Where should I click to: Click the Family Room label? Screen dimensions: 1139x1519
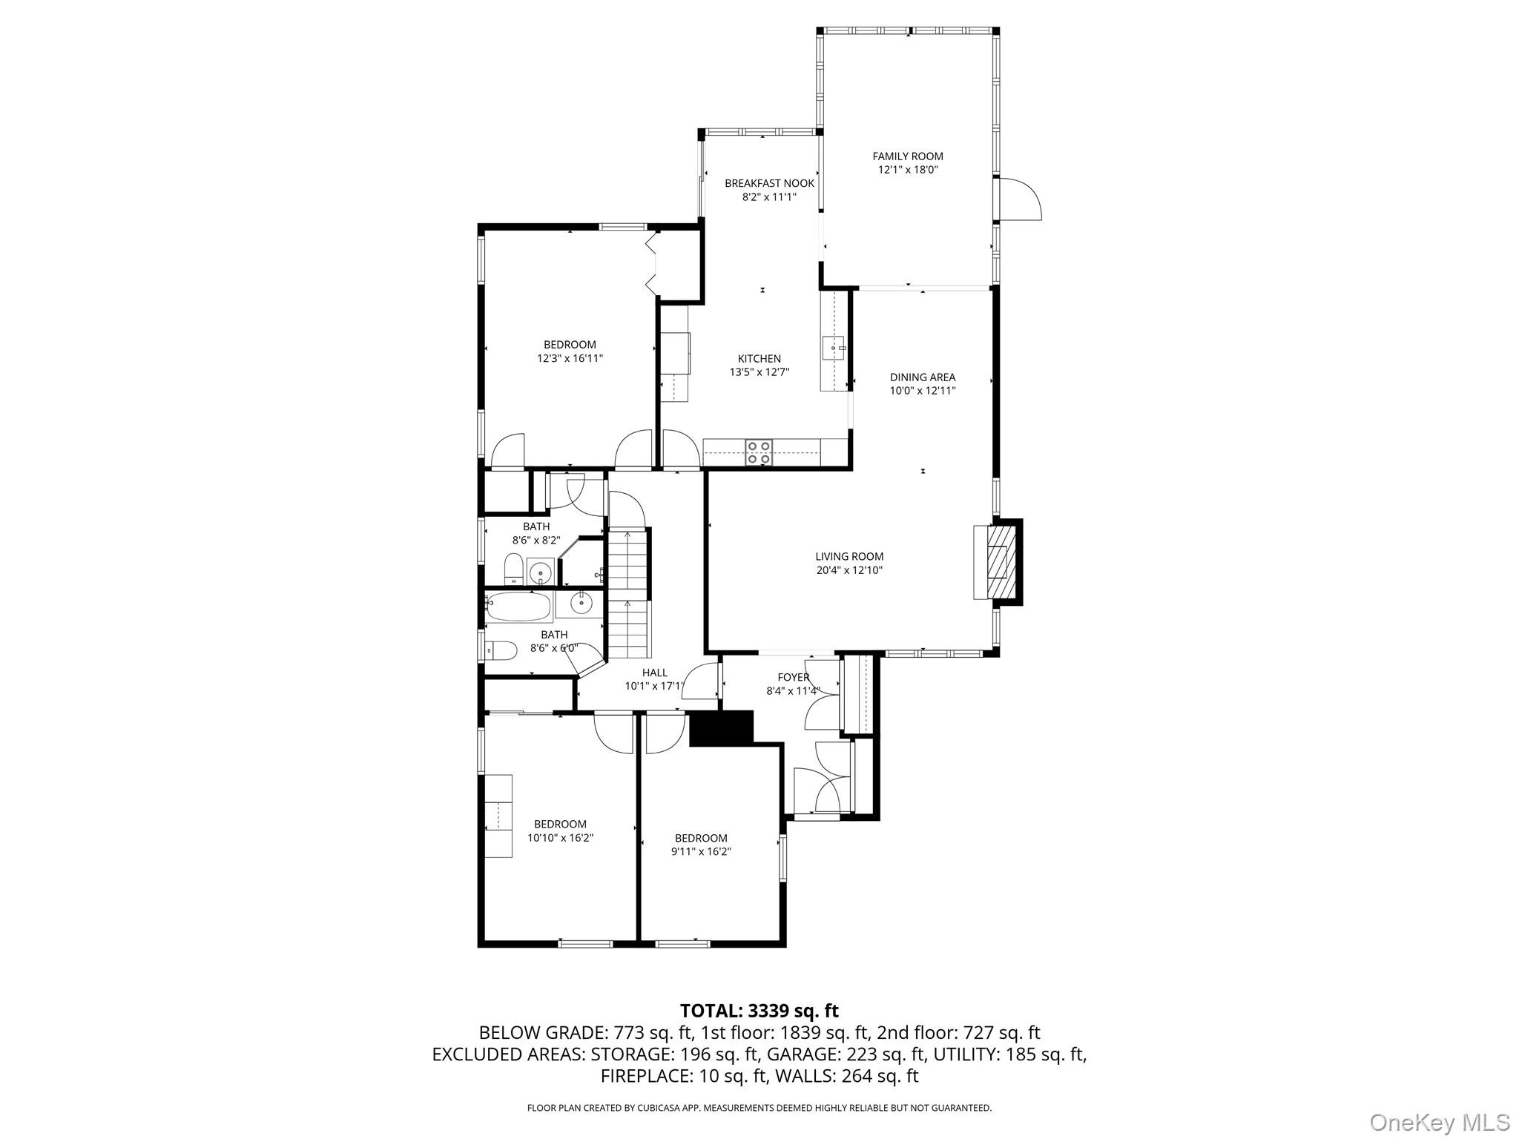point(907,156)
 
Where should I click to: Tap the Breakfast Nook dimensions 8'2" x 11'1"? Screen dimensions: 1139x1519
point(769,197)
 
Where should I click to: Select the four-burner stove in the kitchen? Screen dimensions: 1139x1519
point(759,452)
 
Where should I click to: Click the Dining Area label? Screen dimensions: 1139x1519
point(923,377)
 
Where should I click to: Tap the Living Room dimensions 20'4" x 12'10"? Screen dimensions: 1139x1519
point(849,570)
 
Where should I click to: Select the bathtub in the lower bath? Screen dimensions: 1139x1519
point(519,606)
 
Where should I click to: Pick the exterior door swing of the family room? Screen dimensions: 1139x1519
point(1021,199)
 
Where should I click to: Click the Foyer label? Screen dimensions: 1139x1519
point(793,677)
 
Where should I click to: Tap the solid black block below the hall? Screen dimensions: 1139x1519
point(720,727)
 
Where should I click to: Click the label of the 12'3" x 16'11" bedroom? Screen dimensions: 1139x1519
point(570,344)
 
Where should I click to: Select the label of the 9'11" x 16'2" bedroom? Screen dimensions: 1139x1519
point(701,838)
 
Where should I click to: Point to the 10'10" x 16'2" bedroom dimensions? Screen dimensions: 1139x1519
point(560,838)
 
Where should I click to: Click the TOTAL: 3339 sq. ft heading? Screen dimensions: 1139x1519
point(759,1011)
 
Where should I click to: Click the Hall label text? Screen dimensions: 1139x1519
point(654,673)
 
